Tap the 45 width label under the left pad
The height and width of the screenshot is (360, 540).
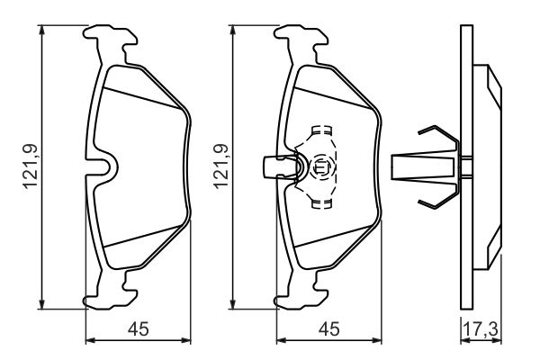pos(136,329)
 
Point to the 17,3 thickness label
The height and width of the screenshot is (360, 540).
pos(480,329)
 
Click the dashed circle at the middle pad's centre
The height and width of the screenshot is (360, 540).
pos(320,166)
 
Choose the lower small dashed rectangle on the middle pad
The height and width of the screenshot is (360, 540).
pos(319,204)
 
